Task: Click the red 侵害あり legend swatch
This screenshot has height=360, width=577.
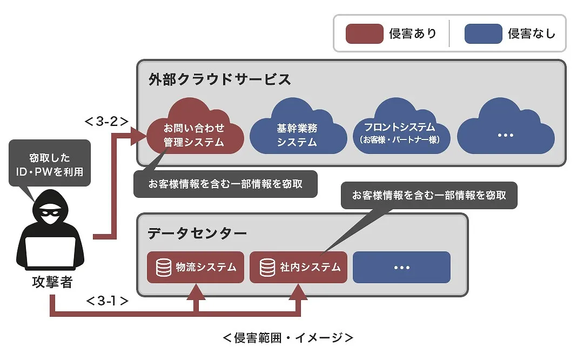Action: [365, 34]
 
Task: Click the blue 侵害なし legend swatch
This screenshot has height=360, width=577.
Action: [484, 34]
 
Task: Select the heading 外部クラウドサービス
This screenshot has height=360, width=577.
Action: [220, 79]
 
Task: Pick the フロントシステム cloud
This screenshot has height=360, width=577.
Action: [399, 133]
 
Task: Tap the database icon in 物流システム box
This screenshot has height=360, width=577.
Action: [162, 267]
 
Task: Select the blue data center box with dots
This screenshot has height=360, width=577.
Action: [401, 267]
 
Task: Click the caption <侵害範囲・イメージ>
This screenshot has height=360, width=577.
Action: [288, 338]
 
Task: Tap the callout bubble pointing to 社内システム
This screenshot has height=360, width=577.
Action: [429, 196]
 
